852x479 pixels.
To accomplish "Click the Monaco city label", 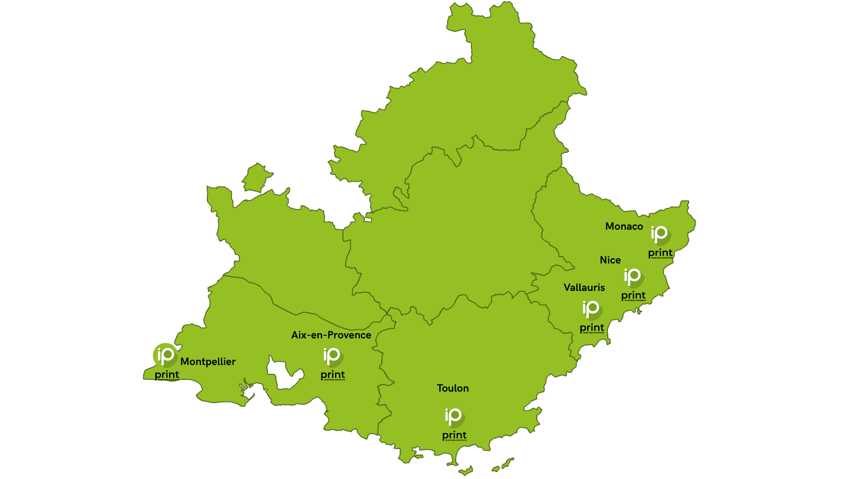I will pyautogui.click(x=624, y=226).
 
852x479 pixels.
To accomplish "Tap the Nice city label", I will pyautogui.click(x=610, y=260).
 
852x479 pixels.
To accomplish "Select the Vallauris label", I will pyautogui.click(x=584, y=287).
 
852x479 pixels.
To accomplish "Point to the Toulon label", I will pyautogui.click(x=453, y=388).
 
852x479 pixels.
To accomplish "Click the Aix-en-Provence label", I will pyautogui.click(x=331, y=335).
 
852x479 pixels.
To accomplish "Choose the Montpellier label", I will pyautogui.click(x=208, y=361).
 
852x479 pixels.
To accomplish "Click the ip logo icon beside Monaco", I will pyautogui.click(x=660, y=235).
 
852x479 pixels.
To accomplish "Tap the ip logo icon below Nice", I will pyautogui.click(x=633, y=277).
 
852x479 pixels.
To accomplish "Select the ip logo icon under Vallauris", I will pyautogui.click(x=592, y=309).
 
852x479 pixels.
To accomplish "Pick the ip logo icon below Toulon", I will pyautogui.click(x=454, y=417).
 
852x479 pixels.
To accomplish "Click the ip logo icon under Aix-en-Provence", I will pyautogui.click(x=333, y=357).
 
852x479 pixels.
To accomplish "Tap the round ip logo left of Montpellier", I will pyautogui.click(x=166, y=355).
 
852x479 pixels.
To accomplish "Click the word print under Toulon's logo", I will pyautogui.click(x=454, y=435).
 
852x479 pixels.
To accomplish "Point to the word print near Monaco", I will pyautogui.click(x=660, y=253).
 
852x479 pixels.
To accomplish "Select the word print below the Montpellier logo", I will pyautogui.click(x=167, y=375).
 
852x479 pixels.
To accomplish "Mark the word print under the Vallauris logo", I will pyautogui.click(x=592, y=328).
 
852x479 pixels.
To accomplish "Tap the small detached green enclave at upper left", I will pyautogui.click(x=256, y=177).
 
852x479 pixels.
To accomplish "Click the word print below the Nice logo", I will pyautogui.click(x=633, y=295).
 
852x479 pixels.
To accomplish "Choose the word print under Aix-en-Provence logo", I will pyautogui.click(x=333, y=375).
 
